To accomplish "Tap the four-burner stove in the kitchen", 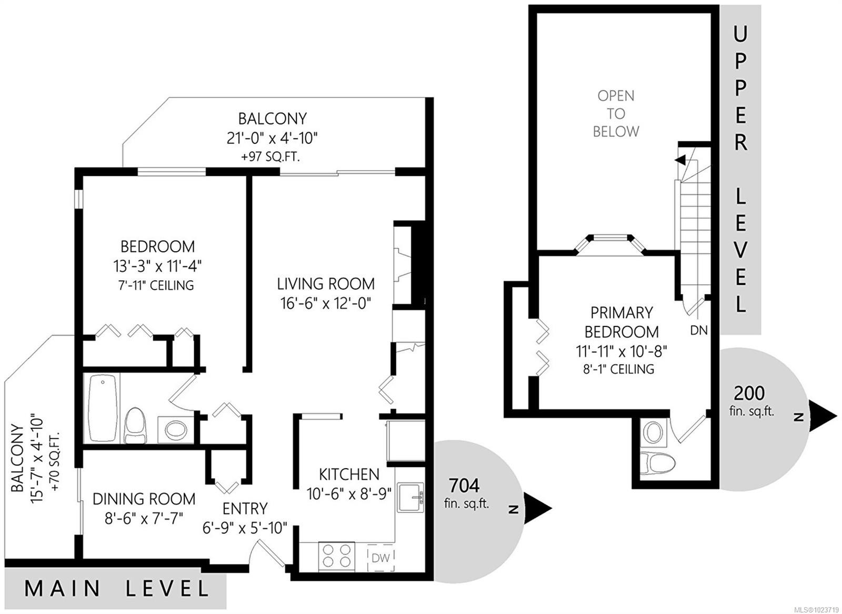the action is pyautogui.click(x=336, y=557).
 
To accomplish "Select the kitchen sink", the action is pyautogui.click(x=410, y=498).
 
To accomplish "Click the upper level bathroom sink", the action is pyautogui.click(x=655, y=432).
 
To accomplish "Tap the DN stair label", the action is pyautogui.click(x=699, y=330).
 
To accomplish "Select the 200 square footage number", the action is pyautogui.click(x=749, y=393).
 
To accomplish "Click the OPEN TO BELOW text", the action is pyautogui.click(x=616, y=114).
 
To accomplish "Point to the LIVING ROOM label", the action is pyautogui.click(x=326, y=284).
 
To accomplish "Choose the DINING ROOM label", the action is pyautogui.click(x=144, y=499).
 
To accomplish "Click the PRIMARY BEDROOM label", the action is pyautogui.click(x=622, y=322).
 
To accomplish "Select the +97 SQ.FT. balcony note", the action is pyautogui.click(x=270, y=156).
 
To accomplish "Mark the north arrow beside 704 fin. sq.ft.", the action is pyautogui.click(x=537, y=508).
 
